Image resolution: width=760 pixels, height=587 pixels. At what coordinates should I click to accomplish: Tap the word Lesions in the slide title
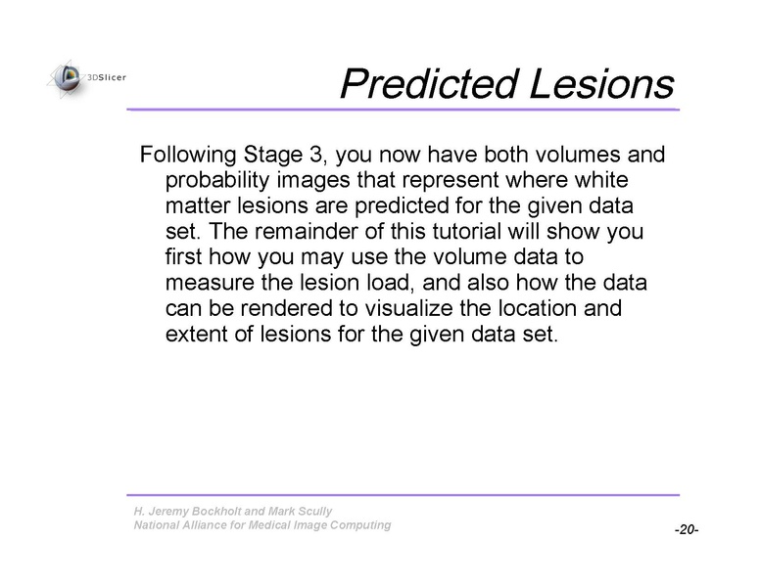[601, 84]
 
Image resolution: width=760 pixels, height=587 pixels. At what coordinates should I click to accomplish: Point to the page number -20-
[686, 529]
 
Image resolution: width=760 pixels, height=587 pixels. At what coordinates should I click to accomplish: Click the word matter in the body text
[195, 207]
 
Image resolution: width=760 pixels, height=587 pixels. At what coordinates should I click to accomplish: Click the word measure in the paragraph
[205, 284]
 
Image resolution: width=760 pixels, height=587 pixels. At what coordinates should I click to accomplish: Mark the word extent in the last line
[196, 335]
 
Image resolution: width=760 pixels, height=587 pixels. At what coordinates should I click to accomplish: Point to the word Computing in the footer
[358, 525]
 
